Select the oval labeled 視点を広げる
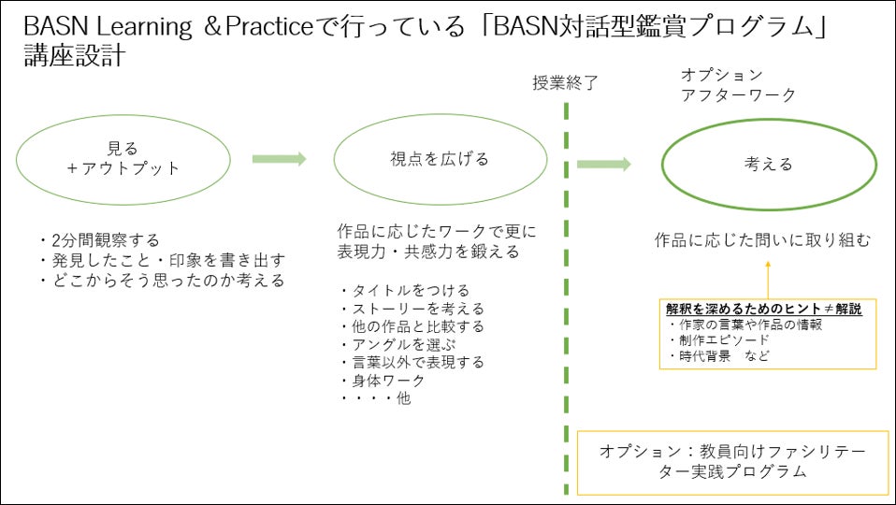click(440, 158)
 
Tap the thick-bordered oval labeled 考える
click(769, 165)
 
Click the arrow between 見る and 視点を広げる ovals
click(279, 159)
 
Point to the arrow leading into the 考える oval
click(603, 165)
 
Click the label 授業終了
click(565, 82)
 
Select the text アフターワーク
click(739, 94)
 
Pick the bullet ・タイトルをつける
click(404, 291)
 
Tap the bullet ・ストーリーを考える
click(412, 309)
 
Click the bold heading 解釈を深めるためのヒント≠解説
click(763, 309)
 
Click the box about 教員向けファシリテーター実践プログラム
click(732, 462)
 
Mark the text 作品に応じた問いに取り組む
click(762, 240)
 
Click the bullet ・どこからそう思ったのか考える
click(161, 280)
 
